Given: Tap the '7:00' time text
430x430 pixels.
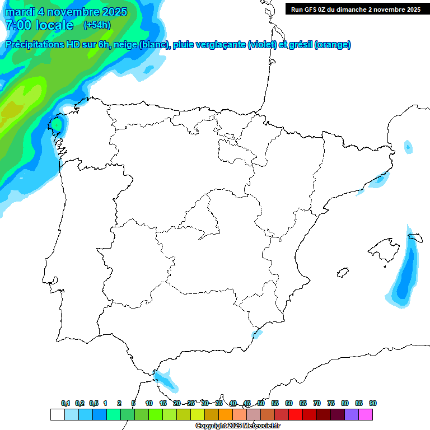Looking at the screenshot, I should coord(18,25).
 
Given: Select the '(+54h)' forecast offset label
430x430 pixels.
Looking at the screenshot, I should coord(96,25).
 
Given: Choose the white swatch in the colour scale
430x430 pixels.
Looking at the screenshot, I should coord(57,415).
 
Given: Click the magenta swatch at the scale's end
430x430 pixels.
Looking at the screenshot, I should coord(366,415).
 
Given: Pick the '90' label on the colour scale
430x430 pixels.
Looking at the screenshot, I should coord(372,403).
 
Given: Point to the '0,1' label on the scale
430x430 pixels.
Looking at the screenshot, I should coord(66,403).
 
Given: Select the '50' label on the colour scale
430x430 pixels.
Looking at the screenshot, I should coord(261,403).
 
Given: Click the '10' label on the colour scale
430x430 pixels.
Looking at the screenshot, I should coord(149,403).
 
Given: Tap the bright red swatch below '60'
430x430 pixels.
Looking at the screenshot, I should coord(295,415).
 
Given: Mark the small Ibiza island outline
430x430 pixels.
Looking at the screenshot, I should coord(342,273).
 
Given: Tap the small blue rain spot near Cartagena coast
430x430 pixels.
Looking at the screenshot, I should coord(257,334).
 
